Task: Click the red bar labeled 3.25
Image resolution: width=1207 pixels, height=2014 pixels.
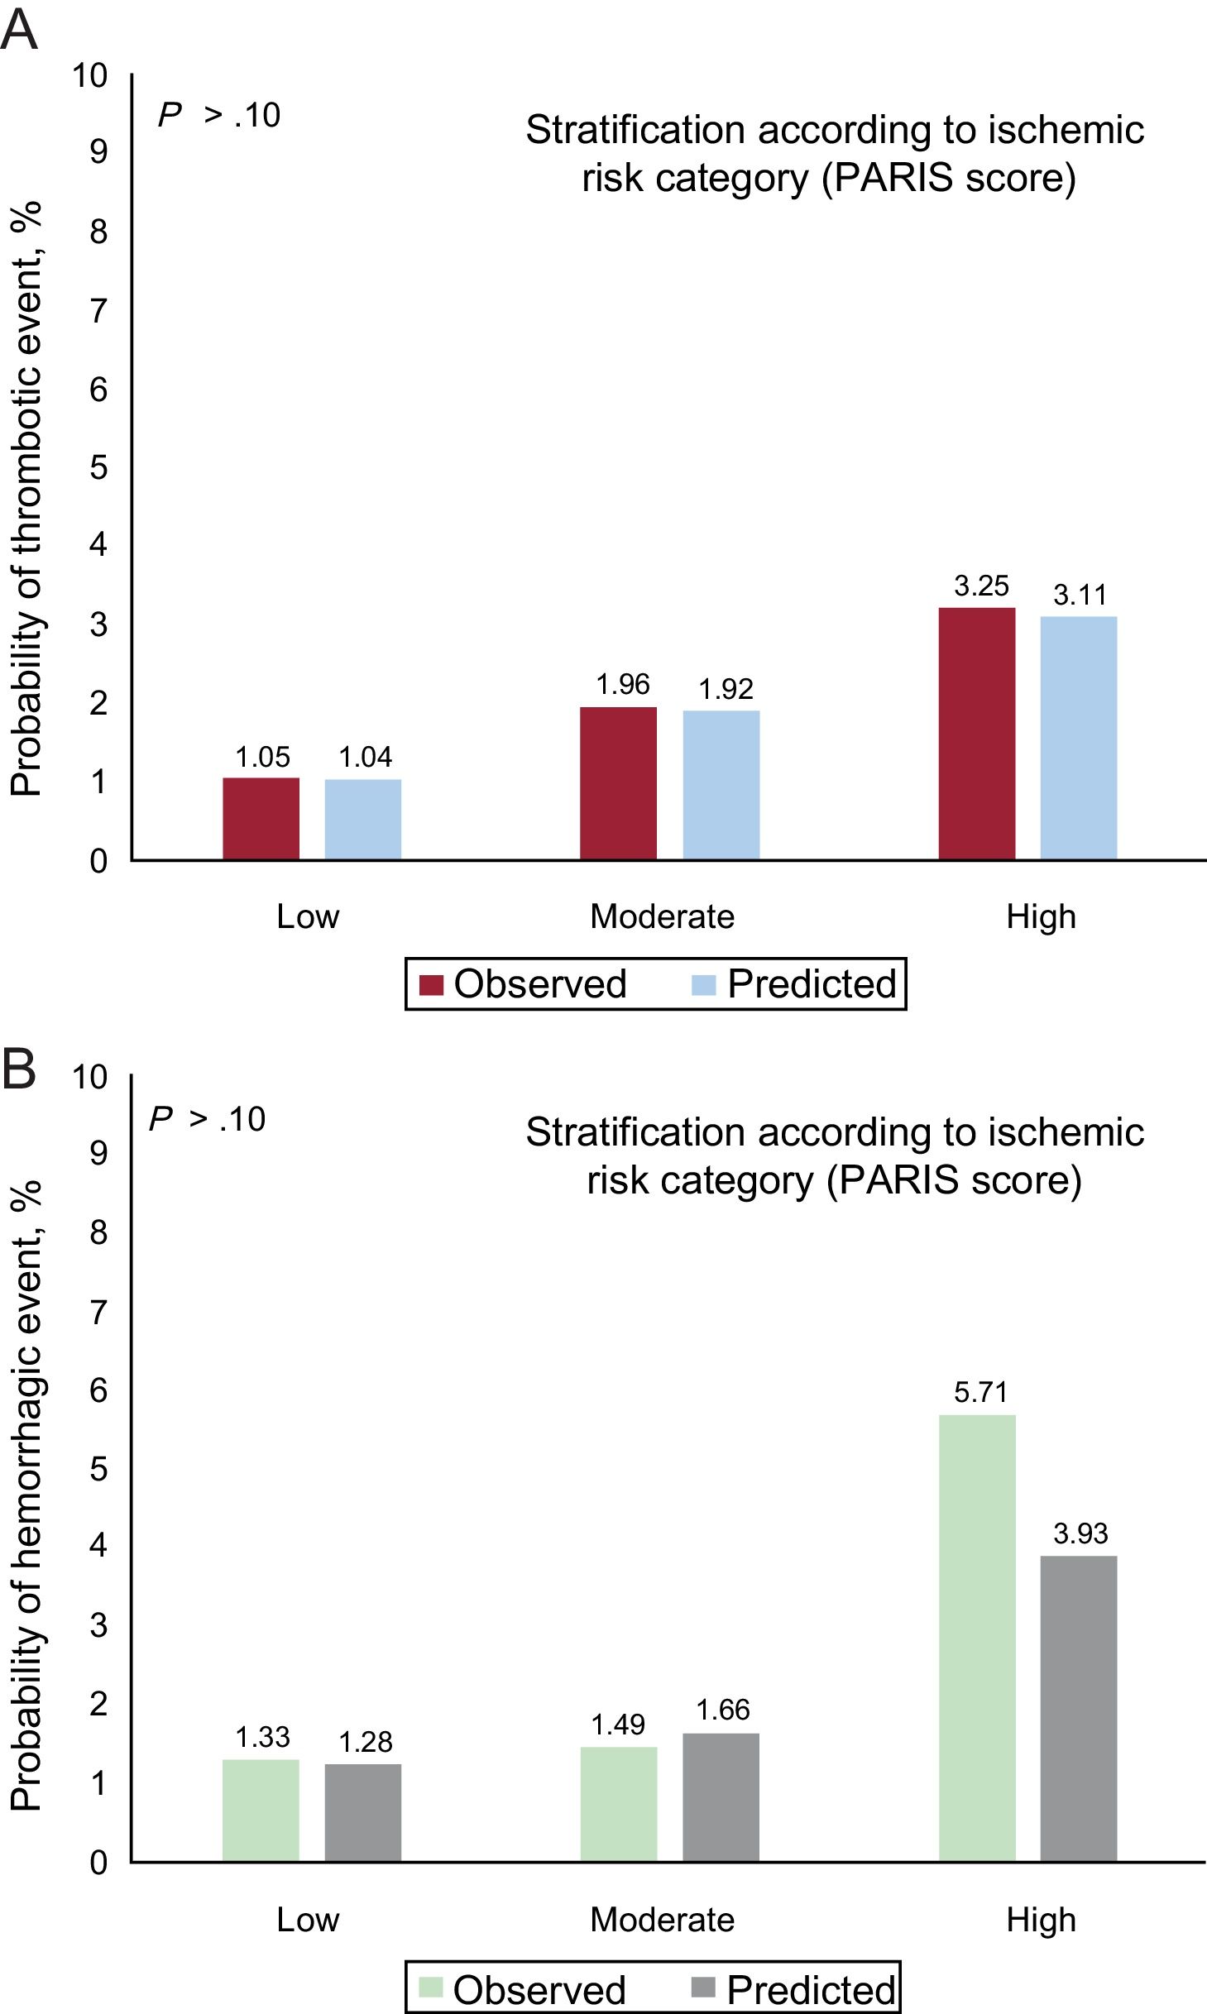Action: [976, 734]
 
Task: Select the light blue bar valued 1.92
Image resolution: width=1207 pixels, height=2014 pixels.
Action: [721, 785]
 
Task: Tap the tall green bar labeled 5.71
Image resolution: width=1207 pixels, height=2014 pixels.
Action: [976, 1638]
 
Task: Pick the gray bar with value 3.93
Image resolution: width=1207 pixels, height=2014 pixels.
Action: [1078, 1709]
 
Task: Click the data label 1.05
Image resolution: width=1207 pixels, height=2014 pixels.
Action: [262, 757]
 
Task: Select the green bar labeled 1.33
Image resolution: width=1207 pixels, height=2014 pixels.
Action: [261, 1811]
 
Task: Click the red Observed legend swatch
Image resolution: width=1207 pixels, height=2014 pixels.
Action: [432, 985]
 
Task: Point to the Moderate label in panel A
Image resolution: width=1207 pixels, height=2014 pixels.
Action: [662, 916]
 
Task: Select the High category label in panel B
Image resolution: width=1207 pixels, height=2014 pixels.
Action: [1041, 1919]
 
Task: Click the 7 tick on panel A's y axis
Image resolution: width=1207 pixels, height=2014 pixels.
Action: [98, 312]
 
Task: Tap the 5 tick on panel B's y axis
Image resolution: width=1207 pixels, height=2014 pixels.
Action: [98, 1470]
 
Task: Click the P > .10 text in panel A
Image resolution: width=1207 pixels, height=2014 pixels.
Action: [219, 116]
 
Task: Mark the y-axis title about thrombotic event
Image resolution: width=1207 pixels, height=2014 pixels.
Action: [26, 500]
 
